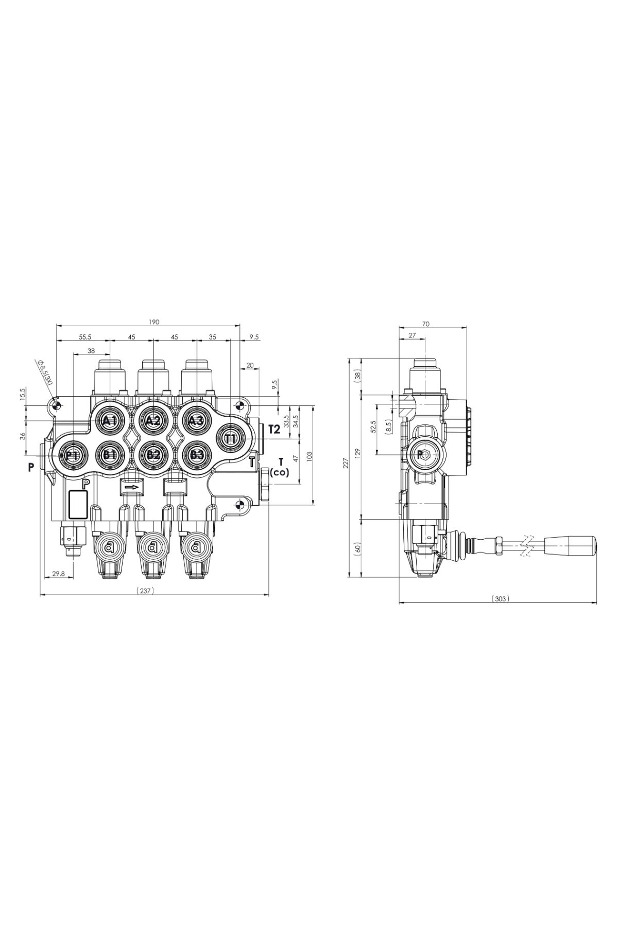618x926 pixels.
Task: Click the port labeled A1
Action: tap(110, 421)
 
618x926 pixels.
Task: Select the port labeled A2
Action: tap(153, 421)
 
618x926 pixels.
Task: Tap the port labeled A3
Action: tap(196, 421)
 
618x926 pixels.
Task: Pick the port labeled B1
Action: tap(110, 455)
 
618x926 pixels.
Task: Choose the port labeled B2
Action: tap(153, 455)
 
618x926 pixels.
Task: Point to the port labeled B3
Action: tap(196, 455)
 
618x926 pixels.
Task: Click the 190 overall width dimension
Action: tap(154, 322)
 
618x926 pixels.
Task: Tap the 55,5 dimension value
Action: tap(85, 337)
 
